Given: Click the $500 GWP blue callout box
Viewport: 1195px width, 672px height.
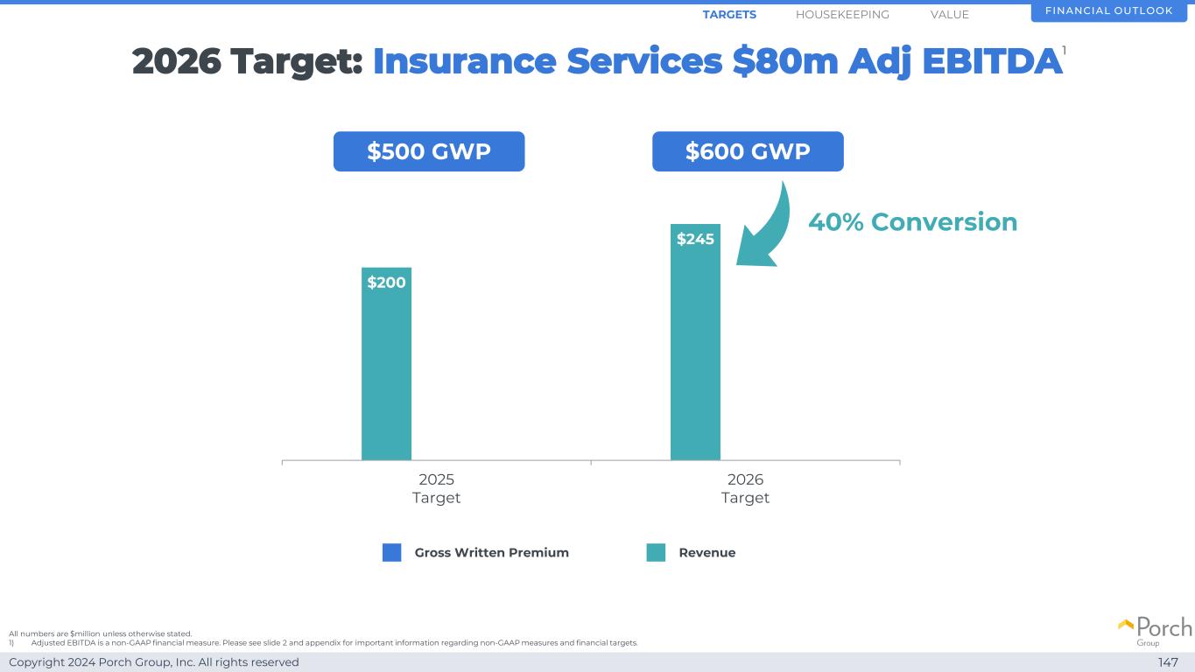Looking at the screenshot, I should [x=429, y=151].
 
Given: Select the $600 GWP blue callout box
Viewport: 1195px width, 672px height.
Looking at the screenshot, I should [x=748, y=151].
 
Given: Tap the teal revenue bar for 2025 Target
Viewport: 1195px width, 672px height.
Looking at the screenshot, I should [x=386, y=376].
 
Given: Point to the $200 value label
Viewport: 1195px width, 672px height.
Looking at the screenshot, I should [x=386, y=283].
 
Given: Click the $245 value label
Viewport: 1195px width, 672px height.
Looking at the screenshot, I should [x=695, y=239].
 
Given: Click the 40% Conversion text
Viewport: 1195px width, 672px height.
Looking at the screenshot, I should [x=912, y=222].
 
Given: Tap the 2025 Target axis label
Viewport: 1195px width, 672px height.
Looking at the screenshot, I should [x=436, y=488].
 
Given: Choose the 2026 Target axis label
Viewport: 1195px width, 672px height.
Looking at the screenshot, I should [x=745, y=488].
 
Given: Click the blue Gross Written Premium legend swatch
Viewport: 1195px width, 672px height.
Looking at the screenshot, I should [x=391, y=553].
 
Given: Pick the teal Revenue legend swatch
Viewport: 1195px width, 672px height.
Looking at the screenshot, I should [x=656, y=553].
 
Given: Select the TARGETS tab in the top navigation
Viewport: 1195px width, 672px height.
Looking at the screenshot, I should [x=729, y=15].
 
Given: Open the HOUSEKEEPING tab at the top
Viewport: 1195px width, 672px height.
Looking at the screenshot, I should [x=842, y=15].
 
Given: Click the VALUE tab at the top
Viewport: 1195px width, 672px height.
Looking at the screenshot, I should [x=949, y=15].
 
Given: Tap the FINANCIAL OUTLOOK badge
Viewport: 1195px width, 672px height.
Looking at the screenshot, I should [x=1108, y=11].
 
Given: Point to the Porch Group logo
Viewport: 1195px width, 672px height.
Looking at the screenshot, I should [x=1155, y=630].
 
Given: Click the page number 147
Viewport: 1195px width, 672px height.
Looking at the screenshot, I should [x=1168, y=662].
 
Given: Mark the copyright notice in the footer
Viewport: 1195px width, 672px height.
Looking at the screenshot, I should [x=154, y=662].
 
